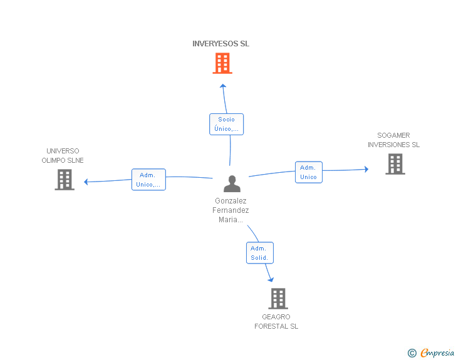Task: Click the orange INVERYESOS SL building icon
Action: [x=222, y=63]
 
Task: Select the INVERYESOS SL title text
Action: [x=220, y=44]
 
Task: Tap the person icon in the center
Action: [x=232, y=184]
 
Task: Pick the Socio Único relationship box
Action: [x=226, y=124]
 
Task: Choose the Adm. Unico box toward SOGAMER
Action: [x=308, y=172]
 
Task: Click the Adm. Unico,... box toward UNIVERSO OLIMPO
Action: [x=148, y=180]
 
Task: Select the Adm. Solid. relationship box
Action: [x=259, y=253]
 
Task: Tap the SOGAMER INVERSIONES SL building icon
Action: [x=395, y=164]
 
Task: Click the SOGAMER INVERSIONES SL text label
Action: [x=393, y=140]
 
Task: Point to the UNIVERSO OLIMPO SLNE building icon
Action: [x=65, y=180]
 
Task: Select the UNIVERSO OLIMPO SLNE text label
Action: [x=63, y=155]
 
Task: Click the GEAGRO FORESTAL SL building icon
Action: [x=278, y=299]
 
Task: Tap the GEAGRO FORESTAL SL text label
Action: [x=276, y=322]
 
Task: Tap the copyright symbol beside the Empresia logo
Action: [x=412, y=353]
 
